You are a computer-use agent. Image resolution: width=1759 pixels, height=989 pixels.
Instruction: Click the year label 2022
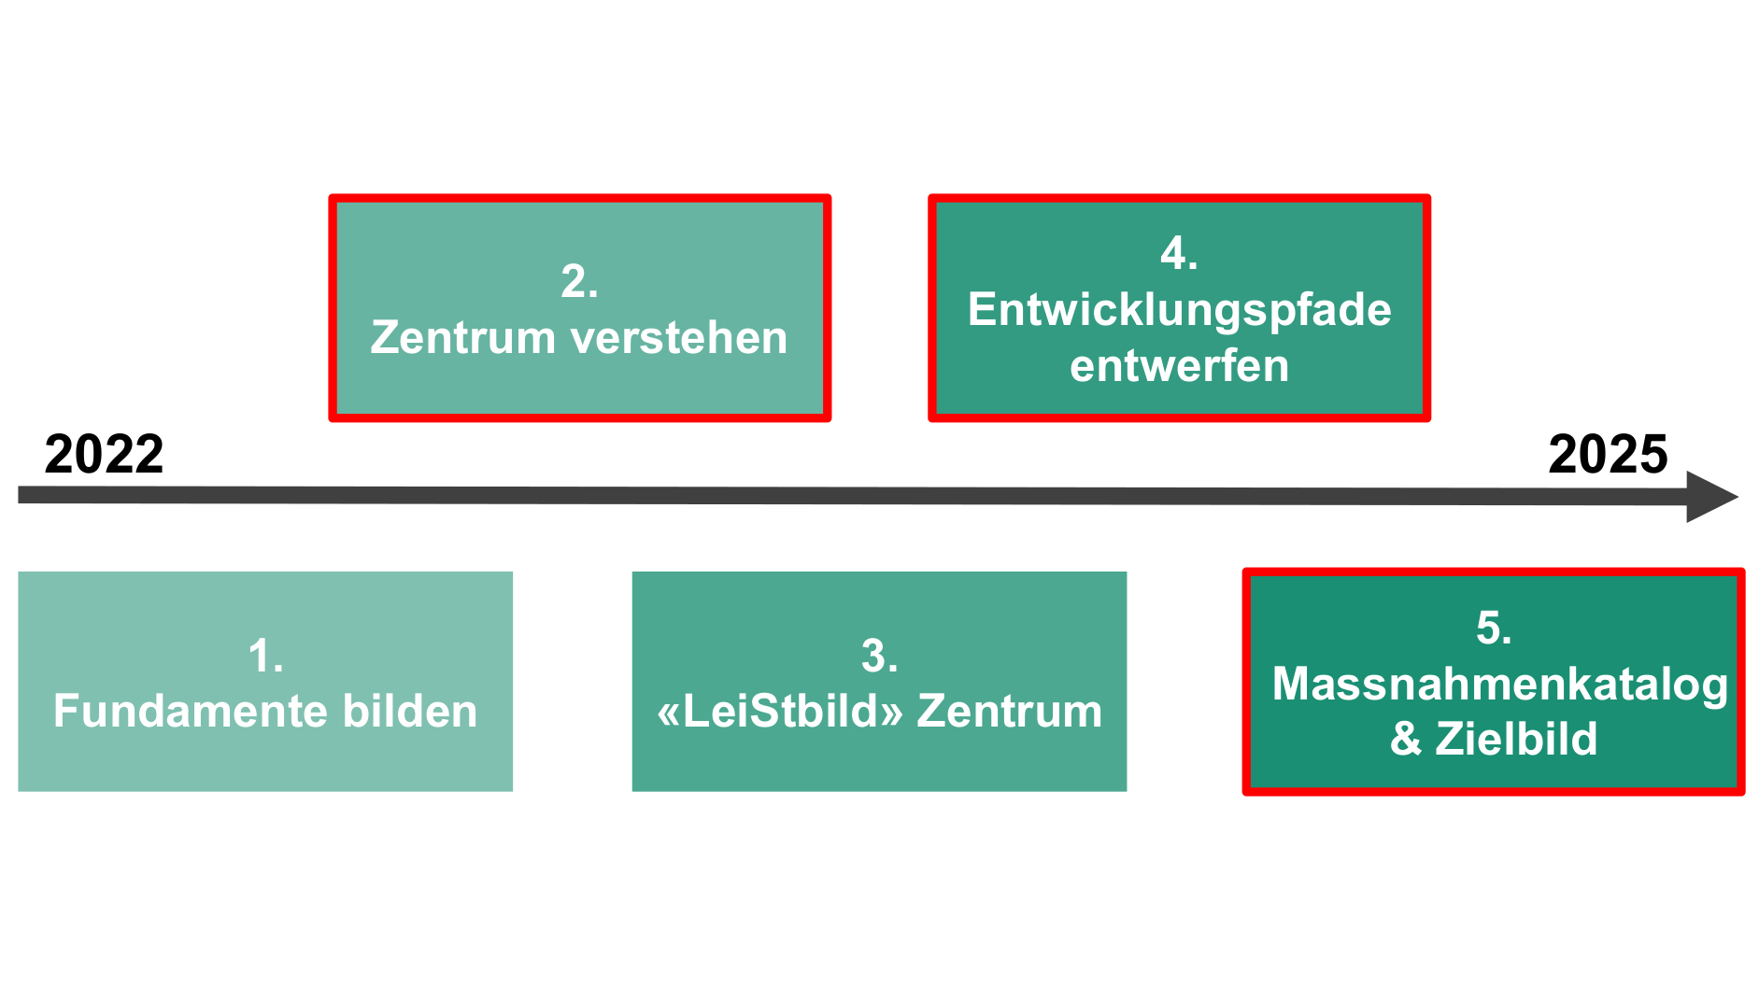click(x=104, y=455)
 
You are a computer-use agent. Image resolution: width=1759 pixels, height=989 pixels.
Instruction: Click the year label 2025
click(x=1608, y=455)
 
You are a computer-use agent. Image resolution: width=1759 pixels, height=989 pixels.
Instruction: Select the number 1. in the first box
click(x=266, y=656)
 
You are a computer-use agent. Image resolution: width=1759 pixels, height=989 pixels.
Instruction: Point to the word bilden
click(x=410, y=712)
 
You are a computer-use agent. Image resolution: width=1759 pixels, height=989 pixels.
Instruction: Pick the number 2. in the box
click(x=579, y=281)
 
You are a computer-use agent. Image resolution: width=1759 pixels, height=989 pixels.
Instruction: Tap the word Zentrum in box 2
click(x=463, y=338)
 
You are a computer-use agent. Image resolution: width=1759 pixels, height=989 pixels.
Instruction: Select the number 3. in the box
click(x=880, y=656)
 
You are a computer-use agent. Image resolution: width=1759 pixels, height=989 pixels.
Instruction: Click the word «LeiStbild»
click(x=780, y=712)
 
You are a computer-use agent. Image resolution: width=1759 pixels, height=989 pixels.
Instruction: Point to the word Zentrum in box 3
click(x=1010, y=712)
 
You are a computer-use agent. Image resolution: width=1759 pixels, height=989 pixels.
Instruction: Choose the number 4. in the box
click(x=1179, y=253)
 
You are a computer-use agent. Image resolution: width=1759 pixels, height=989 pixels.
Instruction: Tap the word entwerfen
click(x=1180, y=366)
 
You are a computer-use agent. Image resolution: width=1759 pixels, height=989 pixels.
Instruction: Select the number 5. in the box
click(x=1494, y=628)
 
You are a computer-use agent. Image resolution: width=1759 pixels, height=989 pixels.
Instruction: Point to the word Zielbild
click(x=1516, y=740)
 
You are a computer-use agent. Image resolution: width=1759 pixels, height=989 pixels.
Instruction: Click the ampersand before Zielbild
click(x=1406, y=740)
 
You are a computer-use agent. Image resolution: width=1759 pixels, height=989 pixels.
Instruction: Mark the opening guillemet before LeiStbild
click(x=670, y=714)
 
